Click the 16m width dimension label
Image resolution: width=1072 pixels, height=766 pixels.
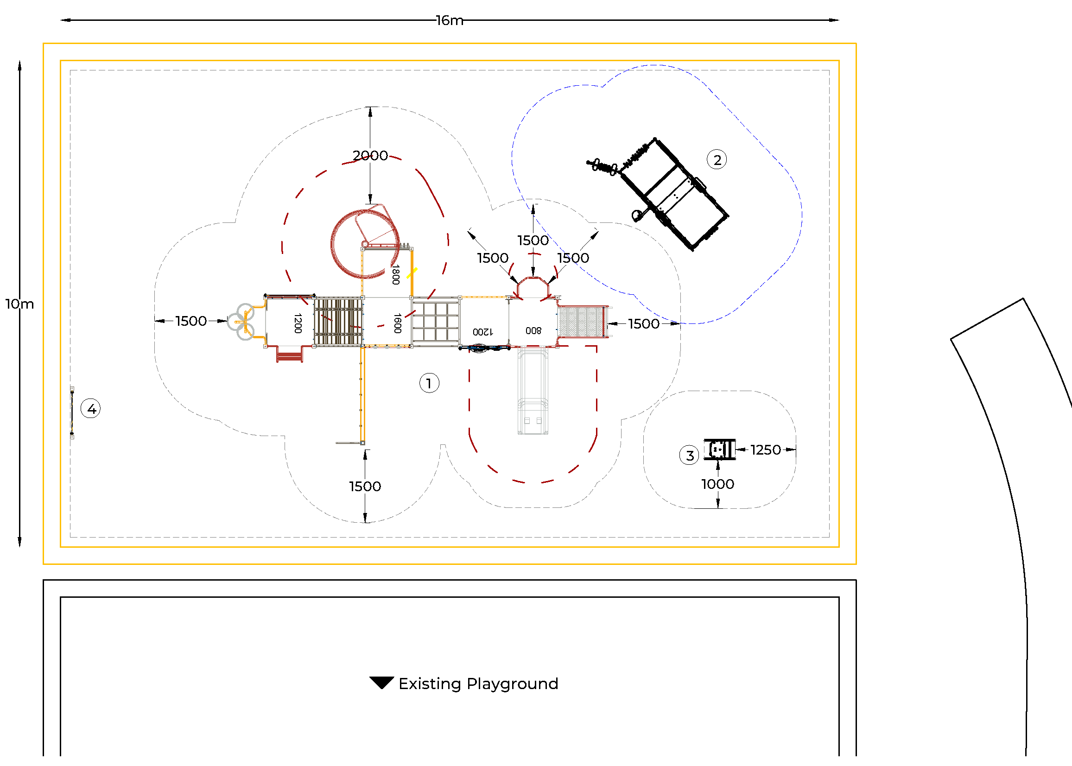[x=450, y=20]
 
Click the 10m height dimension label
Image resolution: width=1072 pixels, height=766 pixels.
[x=19, y=304]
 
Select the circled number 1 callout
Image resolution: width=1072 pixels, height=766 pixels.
[x=429, y=383]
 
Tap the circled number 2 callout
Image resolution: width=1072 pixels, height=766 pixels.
[x=717, y=160]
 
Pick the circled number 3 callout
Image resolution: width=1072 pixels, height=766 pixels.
[x=690, y=455]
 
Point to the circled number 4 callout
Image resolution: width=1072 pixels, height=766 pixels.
[x=91, y=408]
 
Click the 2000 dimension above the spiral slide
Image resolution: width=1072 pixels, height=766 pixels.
[x=370, y=155]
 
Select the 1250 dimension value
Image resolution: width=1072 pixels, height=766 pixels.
[x=766, y=449]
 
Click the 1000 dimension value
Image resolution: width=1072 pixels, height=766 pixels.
[x=718, y=484]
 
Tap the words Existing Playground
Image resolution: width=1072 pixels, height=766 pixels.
[x=478, y=684]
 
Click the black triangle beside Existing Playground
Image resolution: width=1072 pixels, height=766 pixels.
[x=381, y=682]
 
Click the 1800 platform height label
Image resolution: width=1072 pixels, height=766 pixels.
[x=396, y=274]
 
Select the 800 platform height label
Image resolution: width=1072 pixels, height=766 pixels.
[x=533, y=331]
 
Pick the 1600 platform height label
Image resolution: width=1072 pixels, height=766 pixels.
[x=398, y=323]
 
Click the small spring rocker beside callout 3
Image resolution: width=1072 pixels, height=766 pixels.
[x=719, y=449]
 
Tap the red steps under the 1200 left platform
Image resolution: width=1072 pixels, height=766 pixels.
[x=289, y=354]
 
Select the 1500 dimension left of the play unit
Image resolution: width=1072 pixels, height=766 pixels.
[x=191, y=321]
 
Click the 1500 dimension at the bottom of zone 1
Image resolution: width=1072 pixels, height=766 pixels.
[x=365, y=486]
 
